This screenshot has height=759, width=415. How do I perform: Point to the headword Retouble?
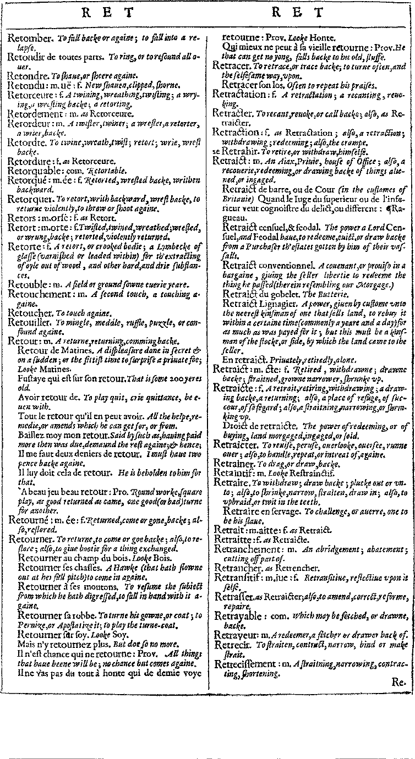(x=28, y=285)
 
